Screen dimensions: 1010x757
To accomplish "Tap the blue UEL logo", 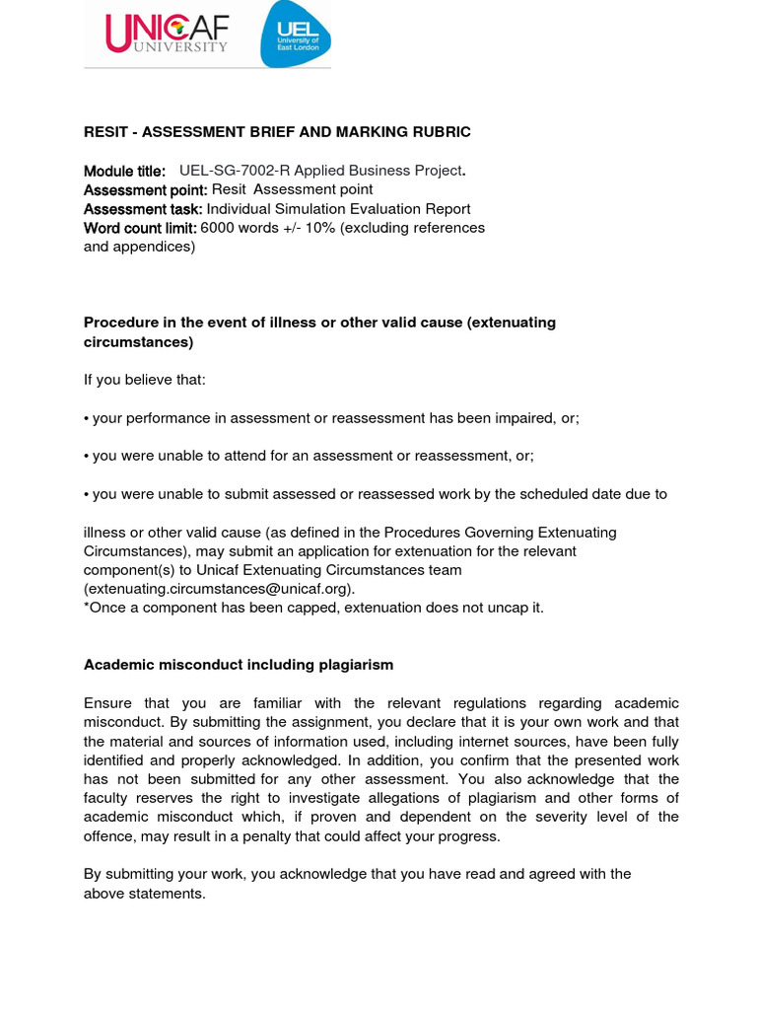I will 295,34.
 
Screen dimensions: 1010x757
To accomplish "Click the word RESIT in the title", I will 104,132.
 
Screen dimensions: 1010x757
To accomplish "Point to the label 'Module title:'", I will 124,171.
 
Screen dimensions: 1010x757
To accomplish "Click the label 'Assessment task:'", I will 143,209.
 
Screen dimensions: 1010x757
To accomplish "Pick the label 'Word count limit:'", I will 140,228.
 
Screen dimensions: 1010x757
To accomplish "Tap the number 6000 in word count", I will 218,228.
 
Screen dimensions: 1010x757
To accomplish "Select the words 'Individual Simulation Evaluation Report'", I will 338,209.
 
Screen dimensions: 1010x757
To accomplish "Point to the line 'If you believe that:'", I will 145,380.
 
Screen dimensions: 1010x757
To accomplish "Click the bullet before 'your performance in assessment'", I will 87,418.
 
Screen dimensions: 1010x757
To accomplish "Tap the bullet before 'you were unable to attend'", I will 87,456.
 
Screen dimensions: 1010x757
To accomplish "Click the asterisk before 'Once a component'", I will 87,608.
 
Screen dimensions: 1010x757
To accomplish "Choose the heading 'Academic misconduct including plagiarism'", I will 239,665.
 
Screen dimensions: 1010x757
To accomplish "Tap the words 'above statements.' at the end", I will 144,894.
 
